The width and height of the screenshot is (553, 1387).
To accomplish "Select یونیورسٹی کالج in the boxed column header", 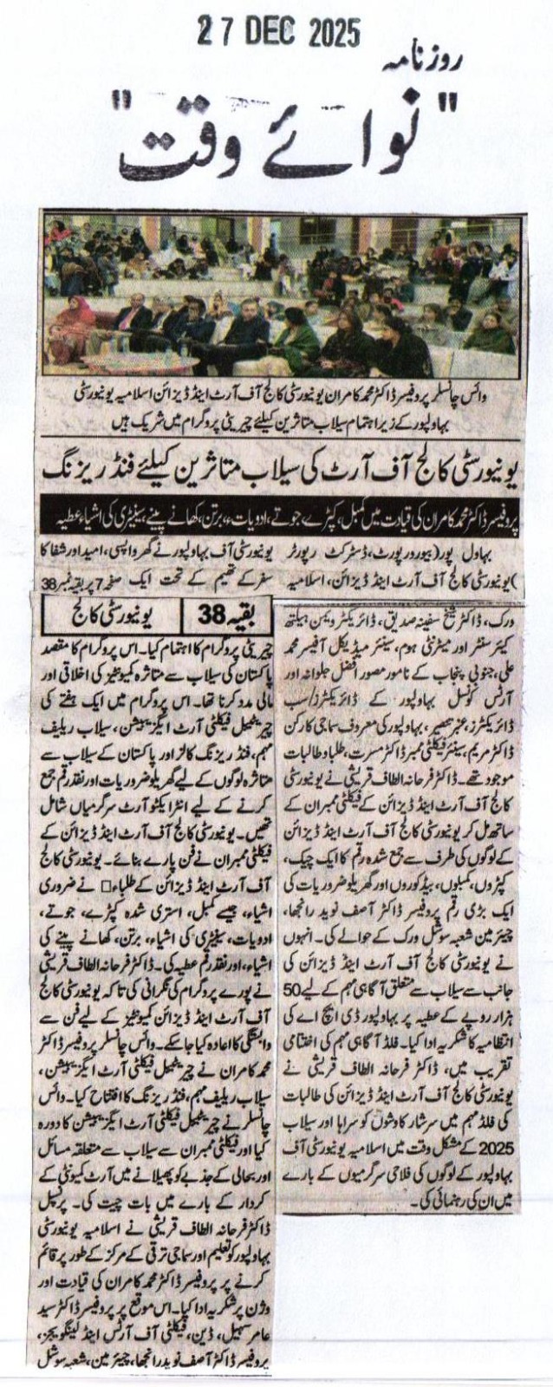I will click(103, 617).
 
